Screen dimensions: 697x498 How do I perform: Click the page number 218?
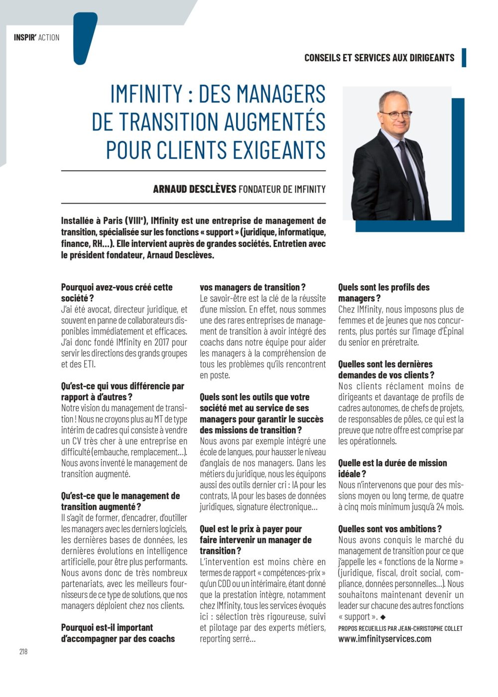click(23, 651)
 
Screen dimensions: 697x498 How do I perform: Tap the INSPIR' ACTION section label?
click(36, 37)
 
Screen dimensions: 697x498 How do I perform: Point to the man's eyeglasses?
click(396, 114)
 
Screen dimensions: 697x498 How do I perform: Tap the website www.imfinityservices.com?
click(384, 639)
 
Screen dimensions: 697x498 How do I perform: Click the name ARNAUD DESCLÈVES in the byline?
click(194, 189)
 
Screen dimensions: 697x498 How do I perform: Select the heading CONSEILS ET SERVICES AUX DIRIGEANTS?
click(379, 58)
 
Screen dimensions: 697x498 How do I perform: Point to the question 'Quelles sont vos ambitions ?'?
click(389, 529)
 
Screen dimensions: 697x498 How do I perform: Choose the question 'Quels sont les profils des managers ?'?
click(383, 293)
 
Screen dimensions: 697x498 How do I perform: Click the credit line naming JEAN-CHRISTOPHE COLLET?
click(400, 628)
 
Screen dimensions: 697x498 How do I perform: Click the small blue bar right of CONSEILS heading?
click(464, 58)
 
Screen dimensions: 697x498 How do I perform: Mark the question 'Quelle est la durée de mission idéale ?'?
click(392, 468)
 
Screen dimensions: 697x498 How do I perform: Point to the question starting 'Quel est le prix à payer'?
click(255, 540)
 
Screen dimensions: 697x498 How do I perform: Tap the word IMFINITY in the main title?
click(146, 94)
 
